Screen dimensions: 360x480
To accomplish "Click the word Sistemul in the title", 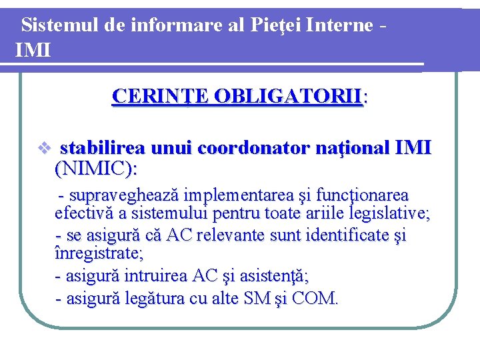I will (x=61, y=25).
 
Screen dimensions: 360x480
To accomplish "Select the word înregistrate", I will (x=98, y=253).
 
